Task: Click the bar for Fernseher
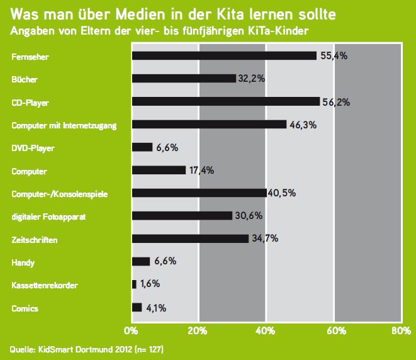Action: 224,56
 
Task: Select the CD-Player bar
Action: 225,101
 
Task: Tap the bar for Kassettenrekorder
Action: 134,284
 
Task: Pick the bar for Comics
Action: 137,307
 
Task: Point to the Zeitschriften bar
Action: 190,239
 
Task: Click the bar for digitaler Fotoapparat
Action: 183,216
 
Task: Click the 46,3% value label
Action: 303,125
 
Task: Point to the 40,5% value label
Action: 281,193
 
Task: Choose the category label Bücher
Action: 24,79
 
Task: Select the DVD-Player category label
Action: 33,148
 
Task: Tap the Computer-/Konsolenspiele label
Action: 55,194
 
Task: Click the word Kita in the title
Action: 233,13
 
